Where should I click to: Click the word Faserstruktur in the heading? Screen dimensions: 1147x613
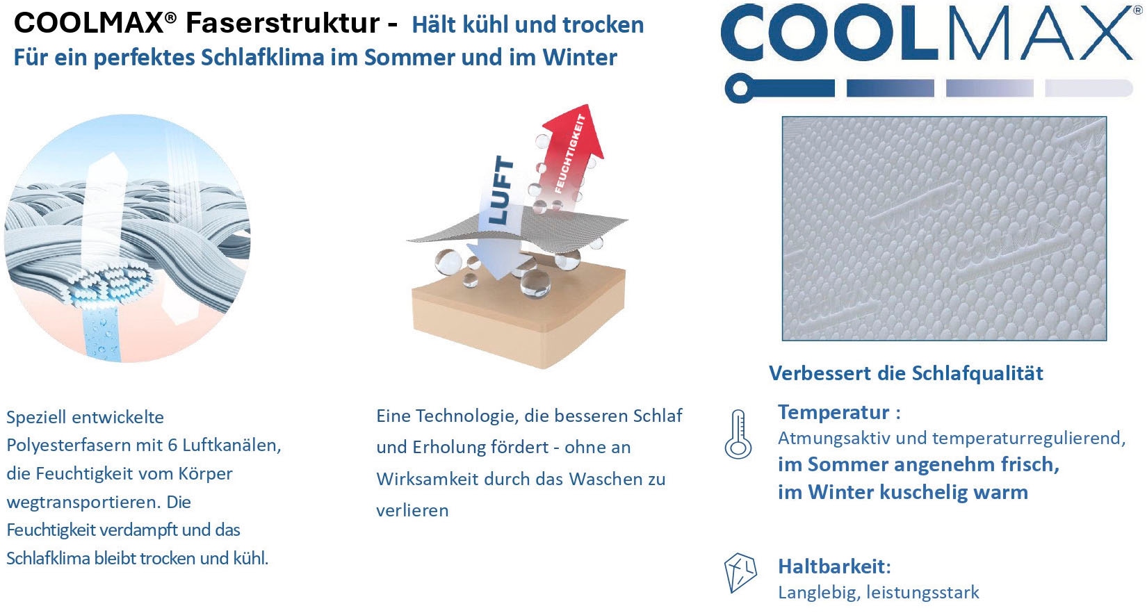[x=282, y=24]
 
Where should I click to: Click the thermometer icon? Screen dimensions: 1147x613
[x=738, y=434]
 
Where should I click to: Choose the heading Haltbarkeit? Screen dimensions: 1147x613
[x=834, y=566]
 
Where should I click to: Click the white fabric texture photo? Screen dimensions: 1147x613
[x=944, y=229]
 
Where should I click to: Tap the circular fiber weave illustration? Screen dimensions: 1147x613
[x=127, y=238]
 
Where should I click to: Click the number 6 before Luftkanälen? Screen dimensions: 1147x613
[x=172, y=445]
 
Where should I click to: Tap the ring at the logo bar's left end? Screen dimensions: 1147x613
[x=740, y=88]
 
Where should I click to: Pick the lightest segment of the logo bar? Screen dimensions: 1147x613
[x=1089, y=88]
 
